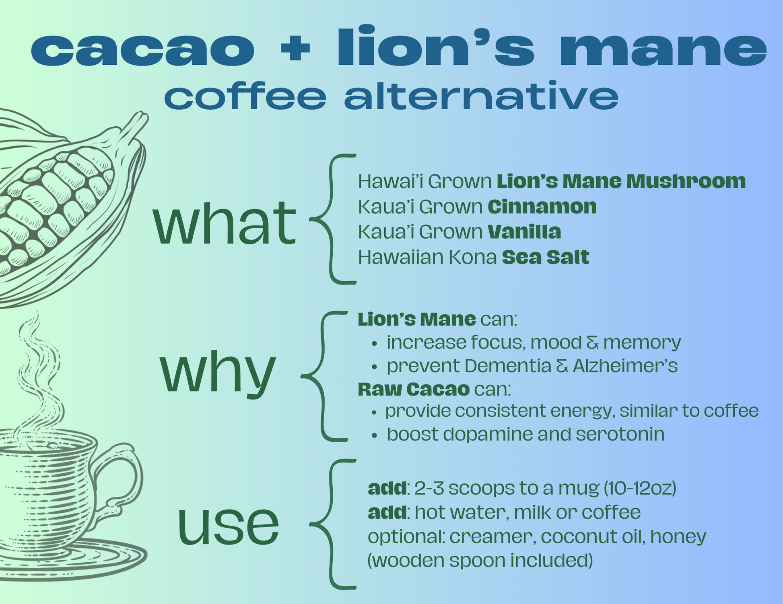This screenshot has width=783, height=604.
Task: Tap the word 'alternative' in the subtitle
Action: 481,95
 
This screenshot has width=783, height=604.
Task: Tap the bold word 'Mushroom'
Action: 686,181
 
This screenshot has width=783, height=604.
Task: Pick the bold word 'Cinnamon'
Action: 542,207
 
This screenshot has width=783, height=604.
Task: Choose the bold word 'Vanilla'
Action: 524,232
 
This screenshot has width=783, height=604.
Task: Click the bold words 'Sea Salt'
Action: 546,257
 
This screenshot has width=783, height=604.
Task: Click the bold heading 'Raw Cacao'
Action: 414,389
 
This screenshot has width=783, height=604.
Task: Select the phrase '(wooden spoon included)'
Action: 480,561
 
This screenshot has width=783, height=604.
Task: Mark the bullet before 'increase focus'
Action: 375,344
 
